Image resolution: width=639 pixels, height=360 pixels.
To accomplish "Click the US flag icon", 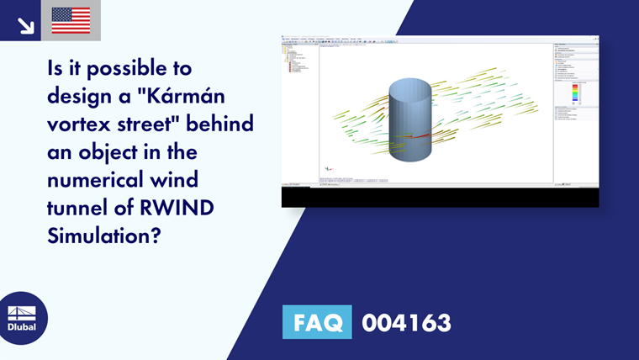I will (71, 20).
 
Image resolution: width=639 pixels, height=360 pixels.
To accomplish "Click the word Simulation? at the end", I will (103, 236).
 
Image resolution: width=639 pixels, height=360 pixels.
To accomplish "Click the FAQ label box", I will (317, 322).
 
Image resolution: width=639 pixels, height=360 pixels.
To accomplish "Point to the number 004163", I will (406, 322).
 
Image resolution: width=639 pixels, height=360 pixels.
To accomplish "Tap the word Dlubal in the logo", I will (22, 326).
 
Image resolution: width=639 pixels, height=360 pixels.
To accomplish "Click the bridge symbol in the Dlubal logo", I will (22, 312).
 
